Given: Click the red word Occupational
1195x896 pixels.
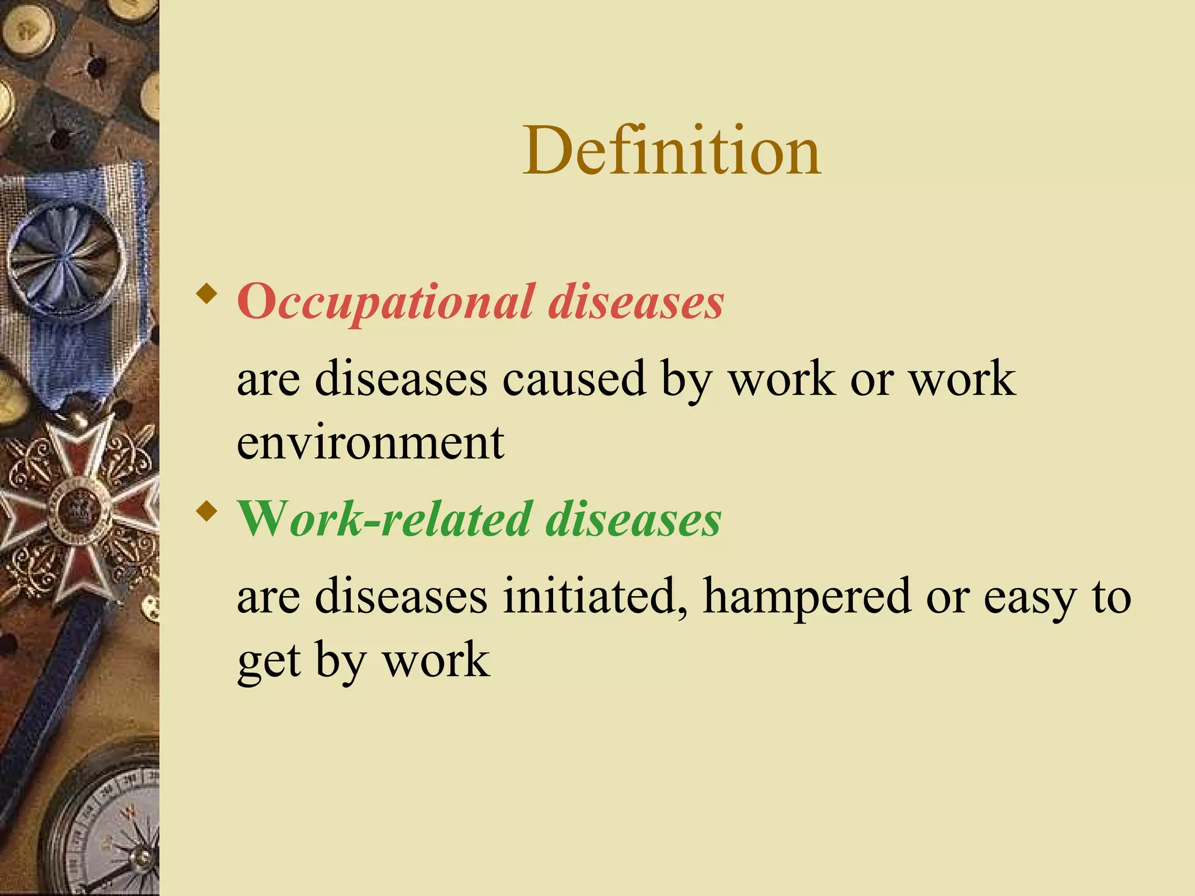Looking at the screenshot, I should coord(385,302).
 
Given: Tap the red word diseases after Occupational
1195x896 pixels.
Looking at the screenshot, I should coord(636,302).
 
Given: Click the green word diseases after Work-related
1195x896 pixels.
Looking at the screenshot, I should coord(633,519).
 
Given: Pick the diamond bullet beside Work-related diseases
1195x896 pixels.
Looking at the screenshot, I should coord(207,512).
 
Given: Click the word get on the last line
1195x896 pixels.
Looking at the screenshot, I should coord(269,663).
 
